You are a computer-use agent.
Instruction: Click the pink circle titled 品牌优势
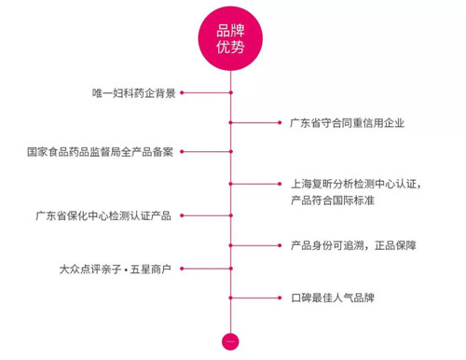coord(230,38)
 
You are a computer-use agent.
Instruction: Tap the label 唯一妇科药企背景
coord(134,93)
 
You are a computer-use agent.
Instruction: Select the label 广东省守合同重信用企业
coord(347,123)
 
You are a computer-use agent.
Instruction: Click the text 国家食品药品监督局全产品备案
coord(100,152)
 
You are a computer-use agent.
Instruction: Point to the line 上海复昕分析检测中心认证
coord(356,184)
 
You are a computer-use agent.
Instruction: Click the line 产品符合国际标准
coord(333,200)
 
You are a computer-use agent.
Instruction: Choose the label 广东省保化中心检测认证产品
coord(103,215)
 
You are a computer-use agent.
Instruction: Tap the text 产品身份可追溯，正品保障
coord(353,245)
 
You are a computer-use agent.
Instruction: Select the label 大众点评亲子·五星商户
coord(116,269)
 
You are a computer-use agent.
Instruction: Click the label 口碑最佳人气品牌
coord(333,298)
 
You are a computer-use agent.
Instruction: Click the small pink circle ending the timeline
coord(230,341)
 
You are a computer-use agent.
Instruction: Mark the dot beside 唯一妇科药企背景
coord(182,92)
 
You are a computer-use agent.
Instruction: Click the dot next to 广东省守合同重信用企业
coord(280,123)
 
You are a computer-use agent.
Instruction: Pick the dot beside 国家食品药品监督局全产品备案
coord(182,152)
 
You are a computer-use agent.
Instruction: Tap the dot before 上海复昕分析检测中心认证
coord(280,184)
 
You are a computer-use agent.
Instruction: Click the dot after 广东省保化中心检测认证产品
coord(182,215)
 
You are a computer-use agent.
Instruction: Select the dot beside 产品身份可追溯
coord(280,245)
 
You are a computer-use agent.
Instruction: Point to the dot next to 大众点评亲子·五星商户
coord(182,269)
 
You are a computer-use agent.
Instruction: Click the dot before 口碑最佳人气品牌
coord(280,298)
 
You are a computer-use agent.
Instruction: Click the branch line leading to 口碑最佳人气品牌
coord(255,298)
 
